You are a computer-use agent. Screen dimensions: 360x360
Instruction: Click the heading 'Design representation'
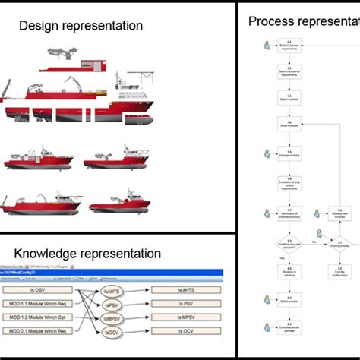pos(81,26)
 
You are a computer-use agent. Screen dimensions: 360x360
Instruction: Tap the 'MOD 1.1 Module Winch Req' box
pos(44,304)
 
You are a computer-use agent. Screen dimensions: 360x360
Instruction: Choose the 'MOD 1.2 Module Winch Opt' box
pos(44,317)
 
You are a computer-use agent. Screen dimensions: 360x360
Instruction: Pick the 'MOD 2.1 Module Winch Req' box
pos(44,331)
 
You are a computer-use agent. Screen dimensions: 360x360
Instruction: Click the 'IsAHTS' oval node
pos(111,291)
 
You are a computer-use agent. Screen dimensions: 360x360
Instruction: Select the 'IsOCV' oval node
pos(111,332)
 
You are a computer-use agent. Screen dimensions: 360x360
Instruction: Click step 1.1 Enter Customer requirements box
pos(289,47)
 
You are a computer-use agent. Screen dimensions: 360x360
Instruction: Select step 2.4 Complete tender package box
pos(289,327)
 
